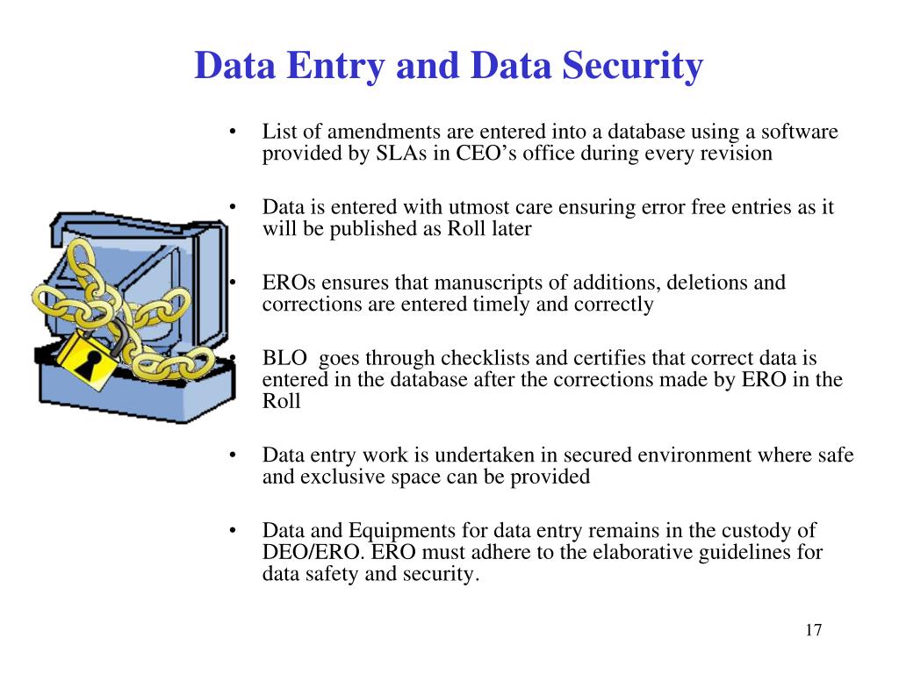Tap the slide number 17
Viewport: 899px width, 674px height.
pos(812,630)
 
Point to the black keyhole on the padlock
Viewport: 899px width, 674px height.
pos(85,361)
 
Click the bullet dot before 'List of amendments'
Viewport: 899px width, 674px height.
pos(233,133)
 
